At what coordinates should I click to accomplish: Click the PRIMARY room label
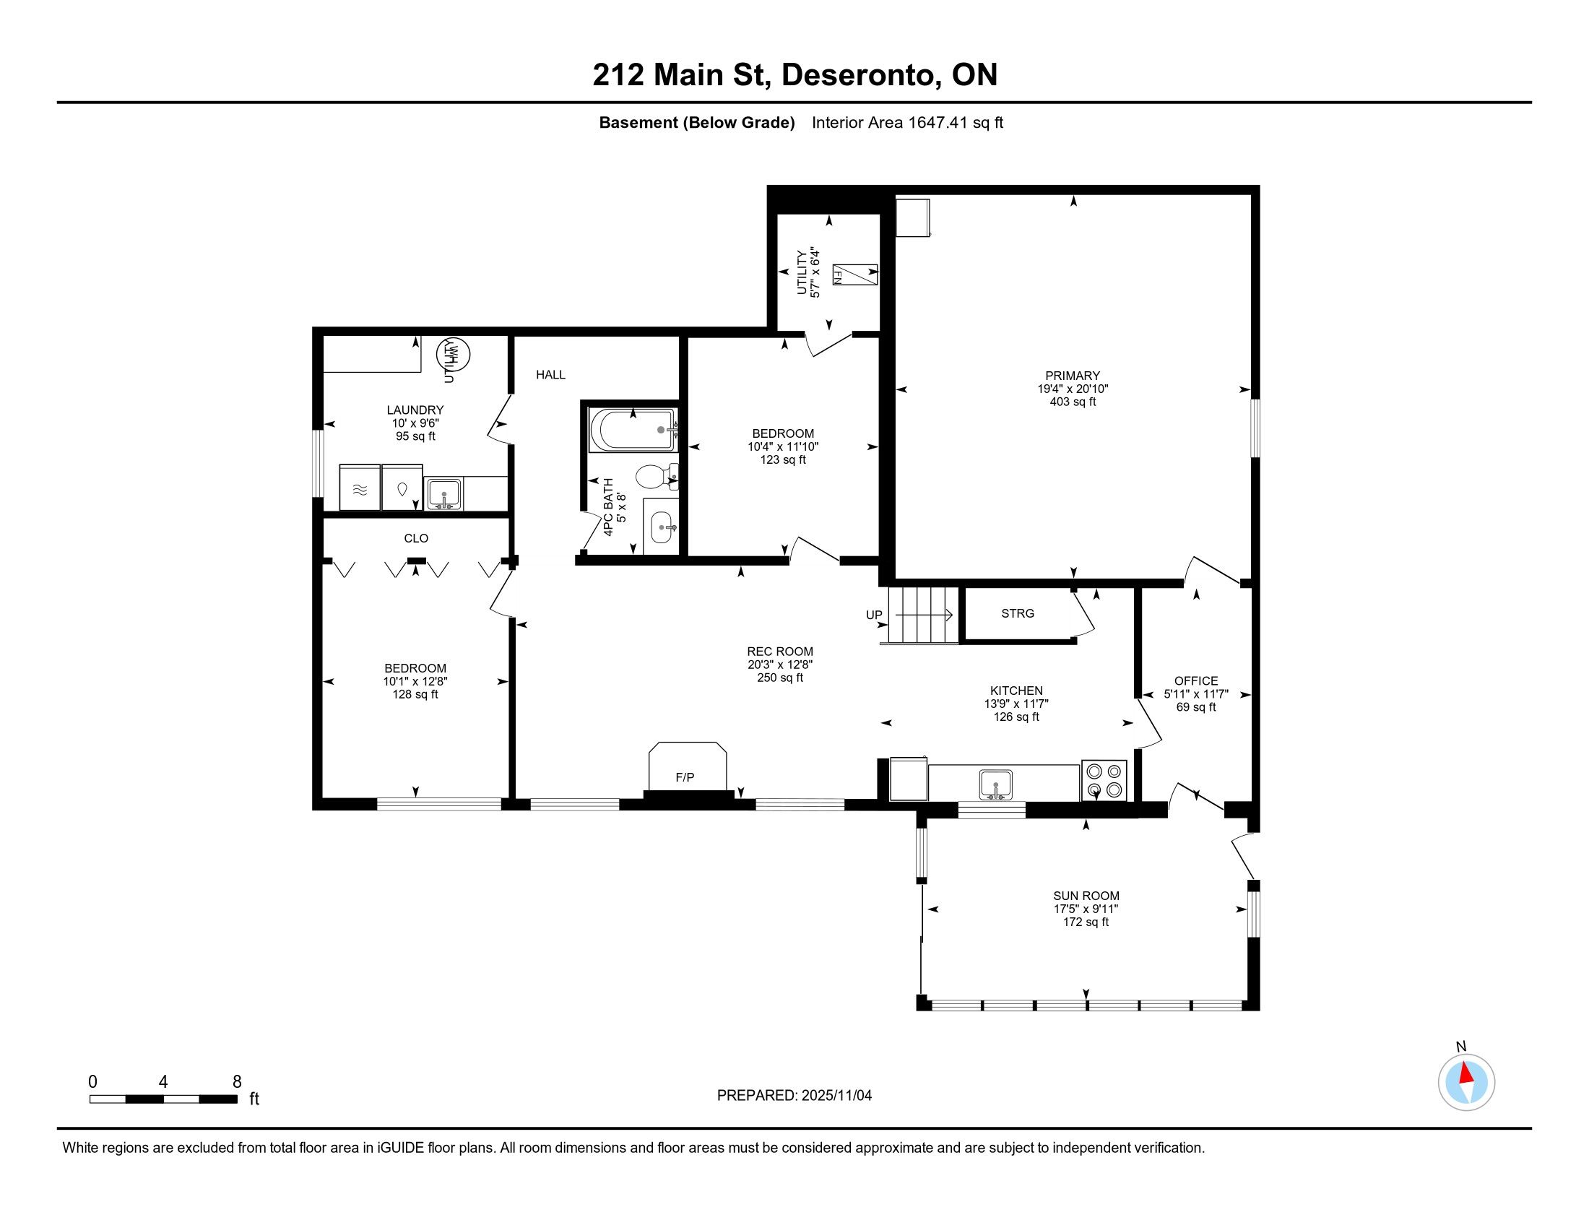(x=1073, y=376)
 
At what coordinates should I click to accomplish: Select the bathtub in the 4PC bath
(x=633, y=430)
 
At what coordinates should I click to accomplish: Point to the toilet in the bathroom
(x=657, y=477)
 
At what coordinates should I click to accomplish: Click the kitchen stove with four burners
(x=1104, y=780)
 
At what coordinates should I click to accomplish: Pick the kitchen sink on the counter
(x=995, y=784)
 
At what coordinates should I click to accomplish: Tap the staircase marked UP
(x=919, y=615)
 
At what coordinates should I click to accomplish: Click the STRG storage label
(x=1017, y=613)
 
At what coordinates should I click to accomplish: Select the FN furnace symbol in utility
(x=855, y=274)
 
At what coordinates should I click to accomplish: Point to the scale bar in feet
(x=164, y=1099)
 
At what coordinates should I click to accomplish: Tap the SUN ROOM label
(x=1086, y=896)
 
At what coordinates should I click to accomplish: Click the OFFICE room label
(x=1195, y=681)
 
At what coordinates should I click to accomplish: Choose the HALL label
(x=551, y=375)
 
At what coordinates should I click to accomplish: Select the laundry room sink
(x=443, y=493)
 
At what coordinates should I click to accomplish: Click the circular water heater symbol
(x=453, y=355)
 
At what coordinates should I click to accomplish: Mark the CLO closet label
(x=416, y=538)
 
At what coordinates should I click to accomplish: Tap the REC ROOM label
(x=780, y=652)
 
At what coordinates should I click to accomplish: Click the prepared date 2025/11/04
(x=836, y=1095)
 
